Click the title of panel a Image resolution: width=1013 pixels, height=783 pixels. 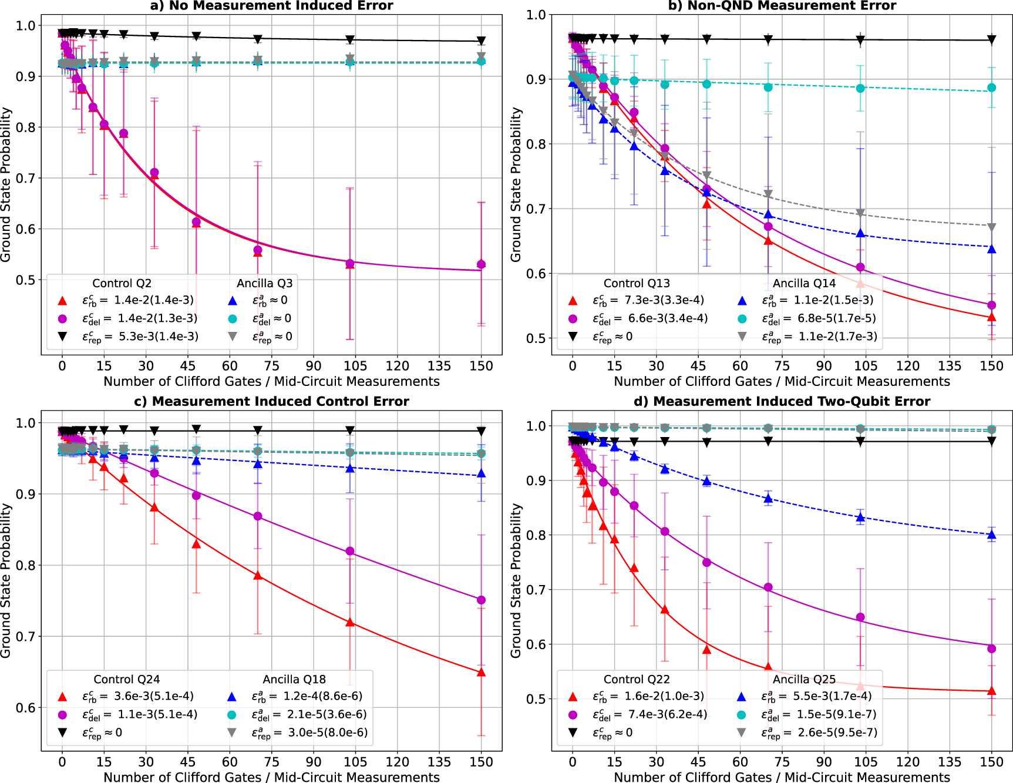pyautogui.click(x=271, y=6)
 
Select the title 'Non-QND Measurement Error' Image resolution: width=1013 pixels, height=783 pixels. pyautogui.click(x=782, y=6)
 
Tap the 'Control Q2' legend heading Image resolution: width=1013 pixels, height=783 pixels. pyautogui.click(x=122, y=283)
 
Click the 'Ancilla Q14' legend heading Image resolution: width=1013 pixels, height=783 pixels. pyautogui.click(x=803, y=283)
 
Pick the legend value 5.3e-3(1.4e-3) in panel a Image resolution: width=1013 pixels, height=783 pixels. pyautogui.click(x=156, y=337)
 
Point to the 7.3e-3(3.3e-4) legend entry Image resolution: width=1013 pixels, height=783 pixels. pyautogui.click(x=664, y=300)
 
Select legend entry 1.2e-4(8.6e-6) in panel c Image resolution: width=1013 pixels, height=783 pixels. pyautogui.click(x=323, y=696)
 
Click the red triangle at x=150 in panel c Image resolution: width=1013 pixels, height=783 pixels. pyautogui.click(x=481, y=673)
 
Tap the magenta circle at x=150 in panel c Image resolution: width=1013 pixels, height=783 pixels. pyautogui.click(x=481, y=600)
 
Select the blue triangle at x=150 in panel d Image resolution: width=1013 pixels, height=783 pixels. pyautogui.click(x=992, y=535)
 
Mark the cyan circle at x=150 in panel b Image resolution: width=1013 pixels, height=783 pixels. pyautogui.click(x=992, y=88)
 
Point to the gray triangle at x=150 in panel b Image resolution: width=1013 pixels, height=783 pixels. pyautogui.click(x=992, y=227)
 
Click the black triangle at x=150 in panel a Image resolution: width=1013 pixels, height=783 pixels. pyautogui.click(x=481, y=41)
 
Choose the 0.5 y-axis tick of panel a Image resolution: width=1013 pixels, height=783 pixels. pyautogui.click(x=26, y=280)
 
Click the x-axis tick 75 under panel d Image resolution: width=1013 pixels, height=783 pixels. pyautogui.click(x=782, y=762)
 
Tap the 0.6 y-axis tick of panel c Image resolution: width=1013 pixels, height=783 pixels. pyautogui.click(x=26, y=708)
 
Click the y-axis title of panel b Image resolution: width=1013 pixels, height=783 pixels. pyautogui.click(x=516, y=184)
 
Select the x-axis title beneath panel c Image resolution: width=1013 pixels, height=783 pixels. pyautogui.click(x=271, y=777)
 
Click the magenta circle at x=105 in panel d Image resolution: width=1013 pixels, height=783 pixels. pyautogui.click(x=860, y=617)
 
